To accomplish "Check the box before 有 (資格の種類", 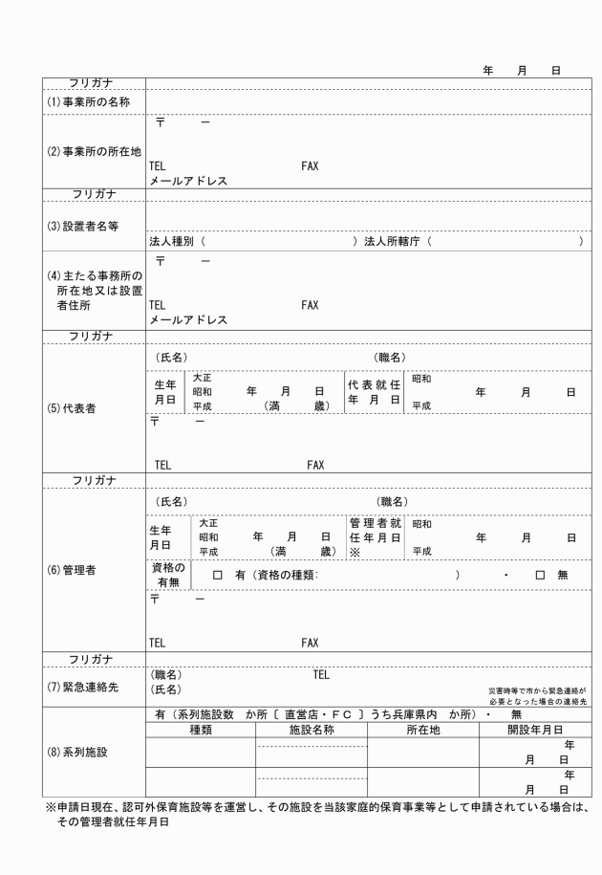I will tap(217, 574).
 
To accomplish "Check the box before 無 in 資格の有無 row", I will tap(540, 574).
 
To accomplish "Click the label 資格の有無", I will tap(167, 574).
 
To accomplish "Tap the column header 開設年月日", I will tap(536, 730).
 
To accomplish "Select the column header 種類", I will tap(201, 730).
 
